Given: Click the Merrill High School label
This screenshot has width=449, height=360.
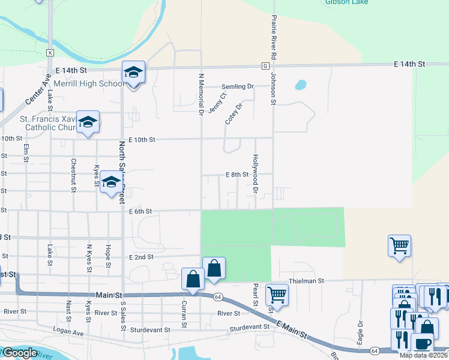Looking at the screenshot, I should click(x=89, y=83).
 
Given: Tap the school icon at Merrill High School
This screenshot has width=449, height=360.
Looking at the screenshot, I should click(x=133, y=73).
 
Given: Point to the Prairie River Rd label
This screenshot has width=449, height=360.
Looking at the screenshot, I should click(x=274, y=37).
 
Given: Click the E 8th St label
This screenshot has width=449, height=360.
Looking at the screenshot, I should click(x=237, y=175).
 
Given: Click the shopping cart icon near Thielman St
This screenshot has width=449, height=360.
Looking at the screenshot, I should click(x=399, y=245).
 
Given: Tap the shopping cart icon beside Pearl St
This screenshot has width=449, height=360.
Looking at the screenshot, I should click(x=277, y=295).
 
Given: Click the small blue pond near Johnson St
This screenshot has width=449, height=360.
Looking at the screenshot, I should click(x=300, y=85).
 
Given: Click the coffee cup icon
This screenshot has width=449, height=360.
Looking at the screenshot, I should click(x=422, y=344).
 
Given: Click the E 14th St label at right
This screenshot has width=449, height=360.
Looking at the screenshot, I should click(x=409, y=64).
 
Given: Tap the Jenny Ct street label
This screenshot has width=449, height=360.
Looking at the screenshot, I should click(x=217, y=102).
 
